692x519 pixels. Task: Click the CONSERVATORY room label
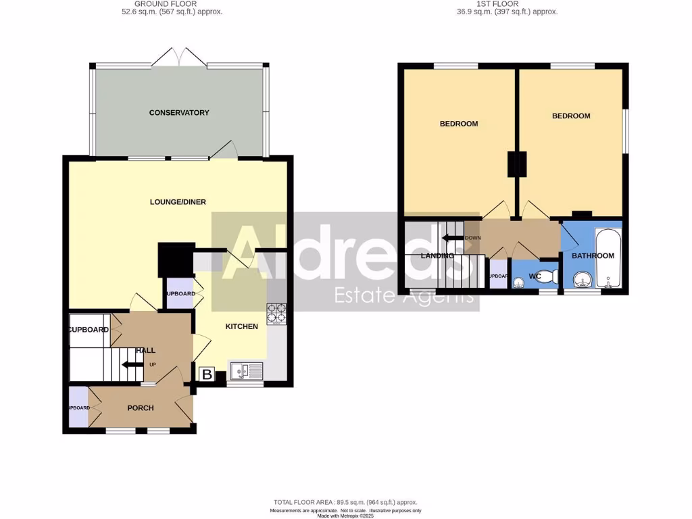pyautogui.click(x=179, y=113)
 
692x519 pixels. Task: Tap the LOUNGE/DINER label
pyautogui.click(x=178, y=202)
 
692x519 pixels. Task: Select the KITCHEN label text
pyautogui.click(x=241, y=326)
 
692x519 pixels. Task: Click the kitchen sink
pyautogui.click(x=246, y=371)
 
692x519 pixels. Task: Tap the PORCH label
pyautogui.click(x=141, y=408)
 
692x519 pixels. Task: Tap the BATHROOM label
pyautogui.click(x=593, y=256)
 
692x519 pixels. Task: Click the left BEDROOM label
pyautogui.click(x=459, y=124)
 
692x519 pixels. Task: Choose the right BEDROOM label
pyautogui.click(x=571, y=116)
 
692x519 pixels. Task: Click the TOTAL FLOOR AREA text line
pyautogui.click(x=345, y=503)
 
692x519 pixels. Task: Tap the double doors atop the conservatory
pyautogui.click(x=179, y=58)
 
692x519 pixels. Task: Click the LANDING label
pyautogui.click(x=437, y=256)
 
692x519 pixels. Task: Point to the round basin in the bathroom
pyautogui.click(x=583, y=278)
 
